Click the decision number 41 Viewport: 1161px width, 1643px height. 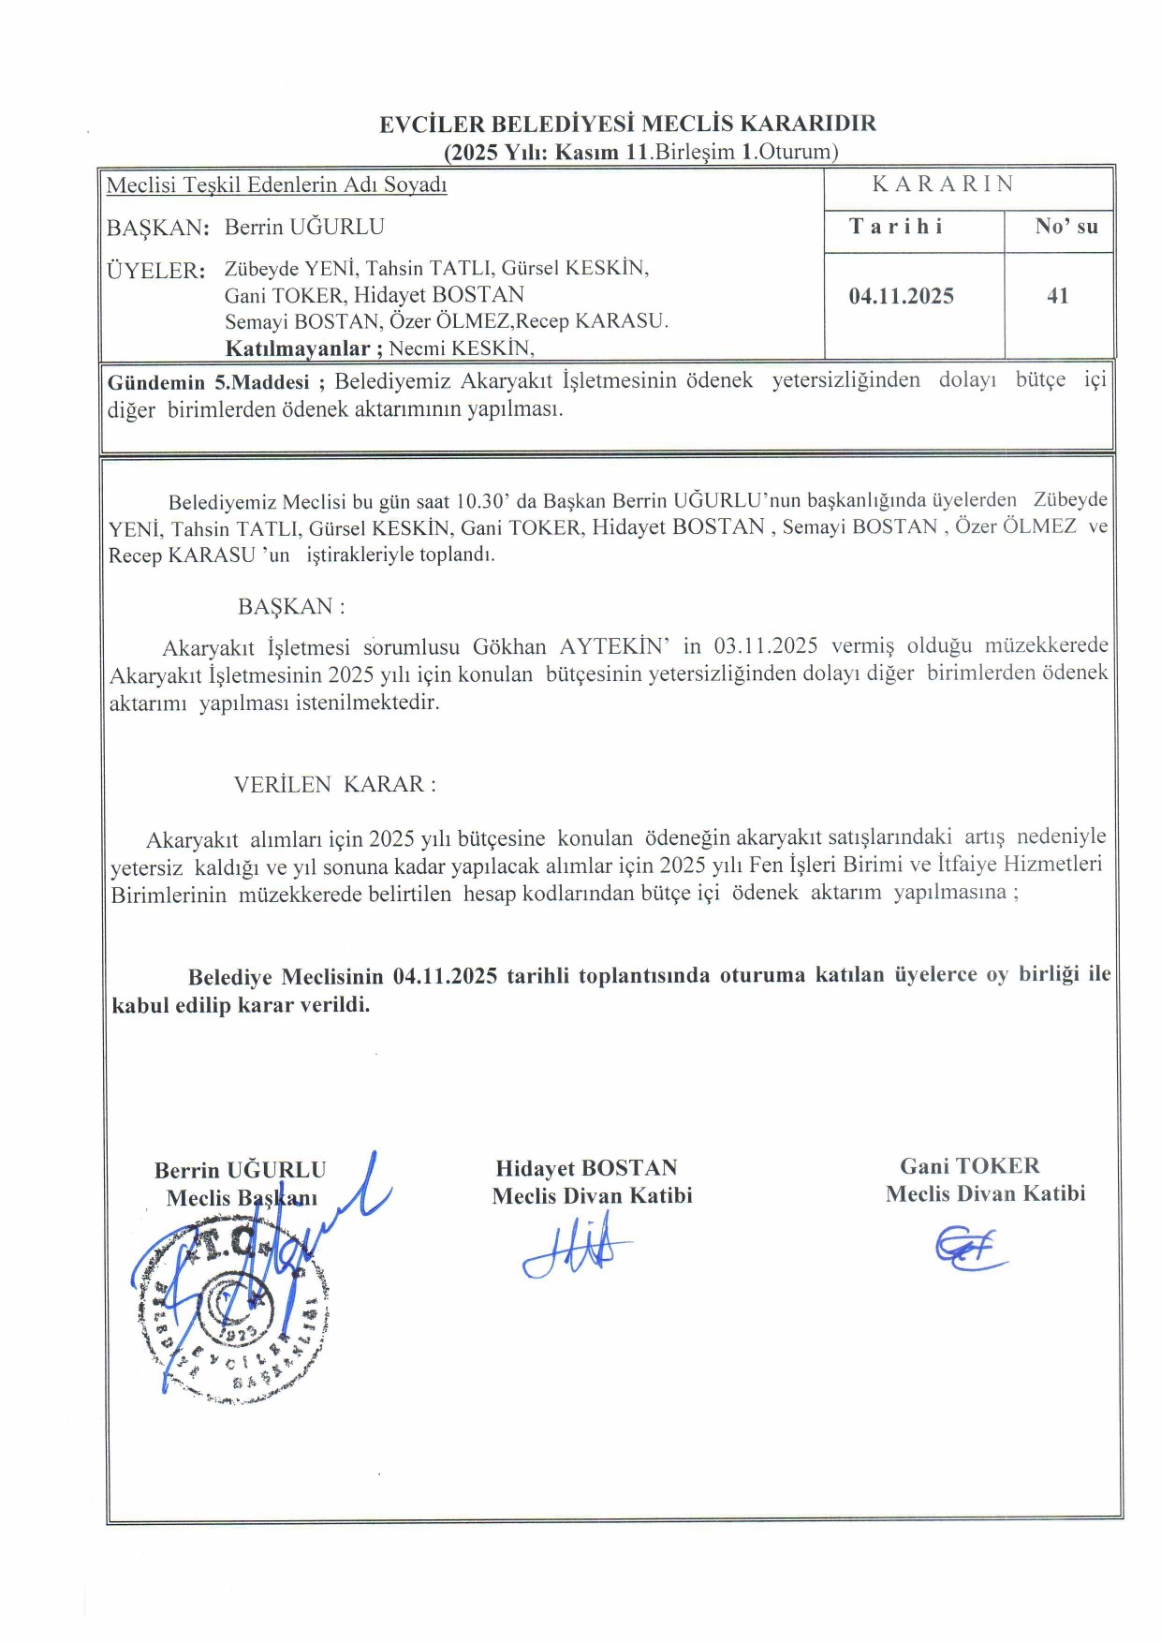click(x=1057, y=296)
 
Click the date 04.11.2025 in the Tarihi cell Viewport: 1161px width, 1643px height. click(x=901, y=296)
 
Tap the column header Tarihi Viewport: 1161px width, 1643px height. click(x=896, y=227)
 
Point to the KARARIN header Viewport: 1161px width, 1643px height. click(x=943, y=184)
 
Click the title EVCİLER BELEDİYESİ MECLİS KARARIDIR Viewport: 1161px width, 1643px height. click(x=627, y=124)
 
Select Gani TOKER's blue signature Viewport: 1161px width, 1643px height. click(x=969, y=1249)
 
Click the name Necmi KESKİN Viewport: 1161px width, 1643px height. click(x=461, y=348)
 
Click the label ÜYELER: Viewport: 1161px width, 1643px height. click(x=155, y=271)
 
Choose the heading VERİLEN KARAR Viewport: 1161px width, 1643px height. click(x=334, y=784)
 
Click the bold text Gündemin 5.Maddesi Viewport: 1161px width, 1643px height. click(x=209, y=382)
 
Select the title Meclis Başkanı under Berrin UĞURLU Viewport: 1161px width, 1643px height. click(x=242, y=1198)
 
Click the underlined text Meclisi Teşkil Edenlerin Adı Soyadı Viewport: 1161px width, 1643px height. click(x=276, y=185)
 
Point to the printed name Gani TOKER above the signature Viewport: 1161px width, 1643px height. click(x=969, y=1166)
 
